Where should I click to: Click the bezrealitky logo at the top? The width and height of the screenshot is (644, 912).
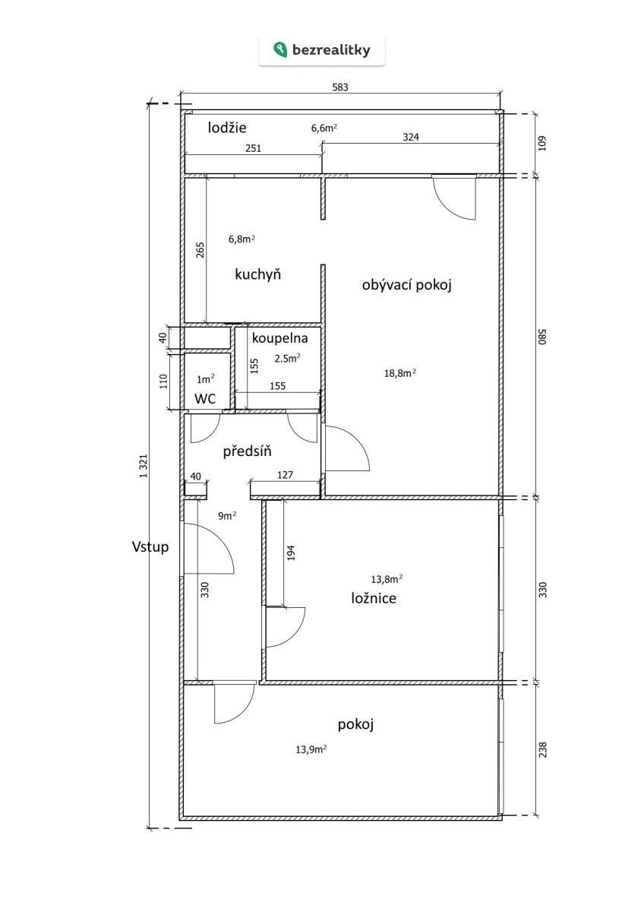[x=321, y=50]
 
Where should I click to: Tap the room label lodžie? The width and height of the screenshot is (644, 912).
[x=227, y=128]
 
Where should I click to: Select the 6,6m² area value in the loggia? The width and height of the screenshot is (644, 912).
[x=324, y=128]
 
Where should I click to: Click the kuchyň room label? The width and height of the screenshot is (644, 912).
[x=258, y=274]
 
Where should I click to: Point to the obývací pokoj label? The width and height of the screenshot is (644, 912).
[x=407, y=285]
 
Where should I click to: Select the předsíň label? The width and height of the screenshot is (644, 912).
[x=247, y=452]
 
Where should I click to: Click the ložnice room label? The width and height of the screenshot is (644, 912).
[x=373, y=598]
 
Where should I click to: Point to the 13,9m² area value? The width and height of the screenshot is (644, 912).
[x=311, y=749]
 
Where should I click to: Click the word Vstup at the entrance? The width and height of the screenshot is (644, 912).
[x=150, y=546]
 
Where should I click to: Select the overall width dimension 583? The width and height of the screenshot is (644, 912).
[x=340, y=87]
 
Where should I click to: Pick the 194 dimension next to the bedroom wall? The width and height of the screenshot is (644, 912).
[x=290, y=553]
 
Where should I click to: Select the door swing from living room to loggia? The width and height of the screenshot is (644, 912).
[x=455, y=198]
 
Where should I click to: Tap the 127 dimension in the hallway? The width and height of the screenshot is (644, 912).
[x=285, y=477]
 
